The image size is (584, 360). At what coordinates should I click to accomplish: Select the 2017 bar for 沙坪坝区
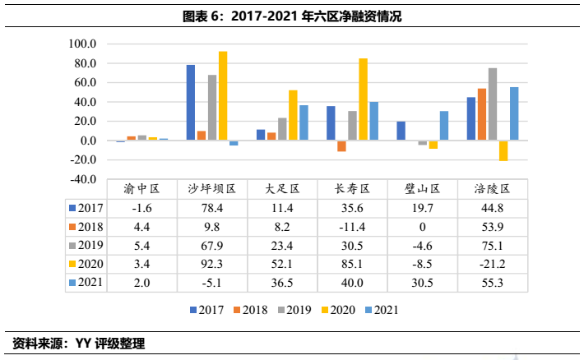(x=191, y=103)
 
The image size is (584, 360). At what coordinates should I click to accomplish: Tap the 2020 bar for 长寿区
(x=363, y=99)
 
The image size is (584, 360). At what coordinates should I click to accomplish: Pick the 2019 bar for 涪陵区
(x=493, y=104)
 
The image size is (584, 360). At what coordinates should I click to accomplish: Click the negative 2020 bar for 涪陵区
(x=503, y=150)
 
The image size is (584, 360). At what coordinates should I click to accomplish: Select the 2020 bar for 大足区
(x=293, y=115)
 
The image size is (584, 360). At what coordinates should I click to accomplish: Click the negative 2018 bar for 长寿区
(x=341, y=146)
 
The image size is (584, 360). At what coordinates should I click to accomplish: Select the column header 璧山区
(x=423, y=188)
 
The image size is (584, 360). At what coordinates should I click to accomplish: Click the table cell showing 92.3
(x=213, y=264)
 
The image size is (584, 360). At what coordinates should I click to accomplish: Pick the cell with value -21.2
(x=492, y=264)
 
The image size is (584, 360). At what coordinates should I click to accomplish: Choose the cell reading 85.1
(x=353, y=264)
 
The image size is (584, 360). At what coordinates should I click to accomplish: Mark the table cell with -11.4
(x=353, y=226)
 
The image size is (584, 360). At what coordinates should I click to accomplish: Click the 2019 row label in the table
(x=87, y=245)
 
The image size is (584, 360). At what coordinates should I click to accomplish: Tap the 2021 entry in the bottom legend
(x=385, y=310)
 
